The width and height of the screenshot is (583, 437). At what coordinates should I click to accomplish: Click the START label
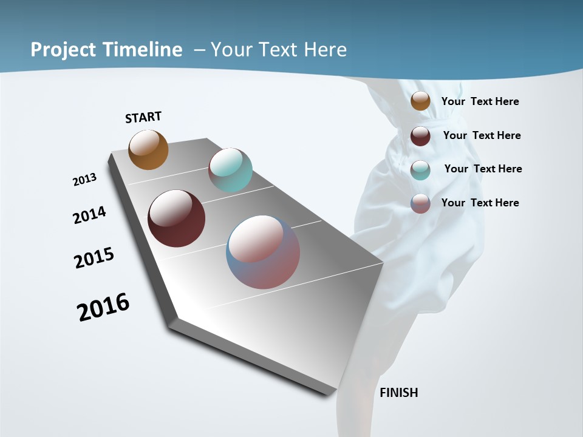(143, 117)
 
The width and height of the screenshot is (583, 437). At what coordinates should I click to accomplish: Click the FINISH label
(398, 393)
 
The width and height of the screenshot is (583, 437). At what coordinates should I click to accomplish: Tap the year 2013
(84, 180)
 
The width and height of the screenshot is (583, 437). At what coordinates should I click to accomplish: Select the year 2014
(90, 215)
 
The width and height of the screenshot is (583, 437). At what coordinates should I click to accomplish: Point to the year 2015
(94, 258)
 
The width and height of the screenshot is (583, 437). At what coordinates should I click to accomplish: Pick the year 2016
(103, 307)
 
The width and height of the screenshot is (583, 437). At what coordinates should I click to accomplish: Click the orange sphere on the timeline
(148, 149)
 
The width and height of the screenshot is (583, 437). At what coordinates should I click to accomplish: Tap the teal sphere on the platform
(230, 170)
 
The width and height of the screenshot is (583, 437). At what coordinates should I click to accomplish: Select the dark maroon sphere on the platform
(176, 218)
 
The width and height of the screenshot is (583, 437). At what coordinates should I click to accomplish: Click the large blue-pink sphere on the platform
(263, 252)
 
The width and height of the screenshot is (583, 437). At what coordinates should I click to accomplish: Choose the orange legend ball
(420, 101)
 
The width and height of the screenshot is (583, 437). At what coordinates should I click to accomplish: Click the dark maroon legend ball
(420, 136)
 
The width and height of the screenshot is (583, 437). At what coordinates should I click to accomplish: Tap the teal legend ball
(420, 170)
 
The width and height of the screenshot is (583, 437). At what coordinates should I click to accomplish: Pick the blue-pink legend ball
(420, 203)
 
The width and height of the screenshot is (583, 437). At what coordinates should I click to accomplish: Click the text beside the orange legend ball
(480, 101)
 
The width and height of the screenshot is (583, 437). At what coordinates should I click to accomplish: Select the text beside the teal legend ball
(483, 169)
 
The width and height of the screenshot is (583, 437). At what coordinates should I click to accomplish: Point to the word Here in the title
(325, 49)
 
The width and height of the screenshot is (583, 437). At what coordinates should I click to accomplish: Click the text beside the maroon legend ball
(482, 135)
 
